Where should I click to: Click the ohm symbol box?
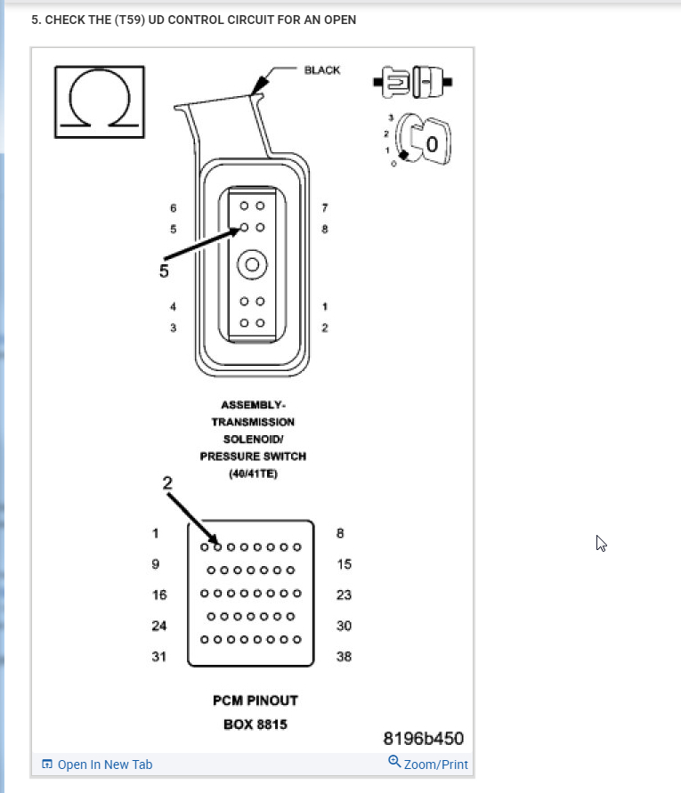point(100,101)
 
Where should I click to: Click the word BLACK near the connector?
point(321,70)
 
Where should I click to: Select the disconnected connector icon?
point(412,83)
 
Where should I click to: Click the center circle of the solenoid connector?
point(252,264)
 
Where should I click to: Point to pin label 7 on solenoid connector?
point(325,207)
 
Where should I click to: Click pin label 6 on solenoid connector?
point(174,207)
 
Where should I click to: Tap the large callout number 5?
point(164,271)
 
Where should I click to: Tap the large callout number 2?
point(166,482)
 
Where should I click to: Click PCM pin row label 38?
point(344,657)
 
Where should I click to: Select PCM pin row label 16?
point(158,594)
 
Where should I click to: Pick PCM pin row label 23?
point(344,595)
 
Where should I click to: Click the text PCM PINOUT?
point(255,700)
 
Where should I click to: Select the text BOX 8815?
point(255,724)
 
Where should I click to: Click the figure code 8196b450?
point(423,739)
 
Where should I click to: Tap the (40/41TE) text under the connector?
point(253,473)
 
